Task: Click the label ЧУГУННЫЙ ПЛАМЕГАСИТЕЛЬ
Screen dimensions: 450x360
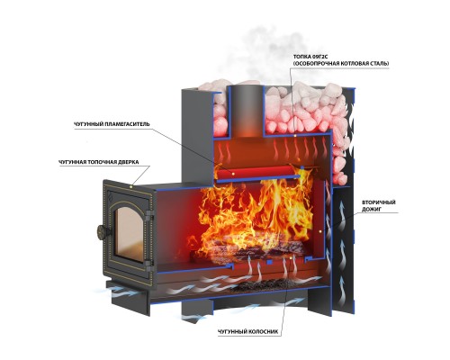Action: point(112,124)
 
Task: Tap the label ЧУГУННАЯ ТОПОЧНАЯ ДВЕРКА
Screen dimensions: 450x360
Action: point(99,162)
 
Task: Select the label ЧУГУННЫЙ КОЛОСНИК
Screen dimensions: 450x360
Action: point(248,332)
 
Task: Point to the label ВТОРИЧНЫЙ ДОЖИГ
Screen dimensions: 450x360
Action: point(379,206)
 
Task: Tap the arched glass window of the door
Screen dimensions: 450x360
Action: point(129,232)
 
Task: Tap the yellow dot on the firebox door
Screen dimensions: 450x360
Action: point(131,186)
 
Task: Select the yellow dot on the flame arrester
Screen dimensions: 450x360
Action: point(233,173)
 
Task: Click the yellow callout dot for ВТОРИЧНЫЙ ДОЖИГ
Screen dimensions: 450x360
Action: point(320,231)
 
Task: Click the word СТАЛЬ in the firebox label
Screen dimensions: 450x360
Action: point(379,64)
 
